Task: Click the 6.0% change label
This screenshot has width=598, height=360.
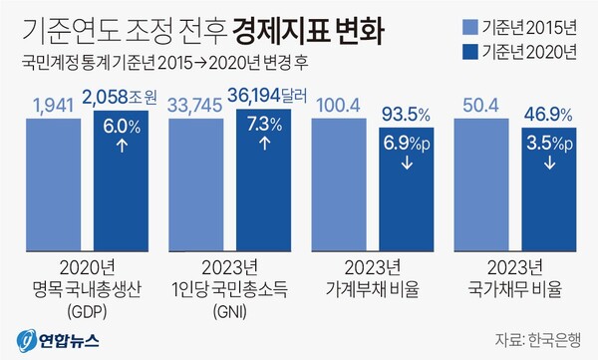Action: [x=121, y=126]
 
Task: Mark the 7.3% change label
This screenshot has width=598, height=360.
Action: [x=263, y=126]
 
